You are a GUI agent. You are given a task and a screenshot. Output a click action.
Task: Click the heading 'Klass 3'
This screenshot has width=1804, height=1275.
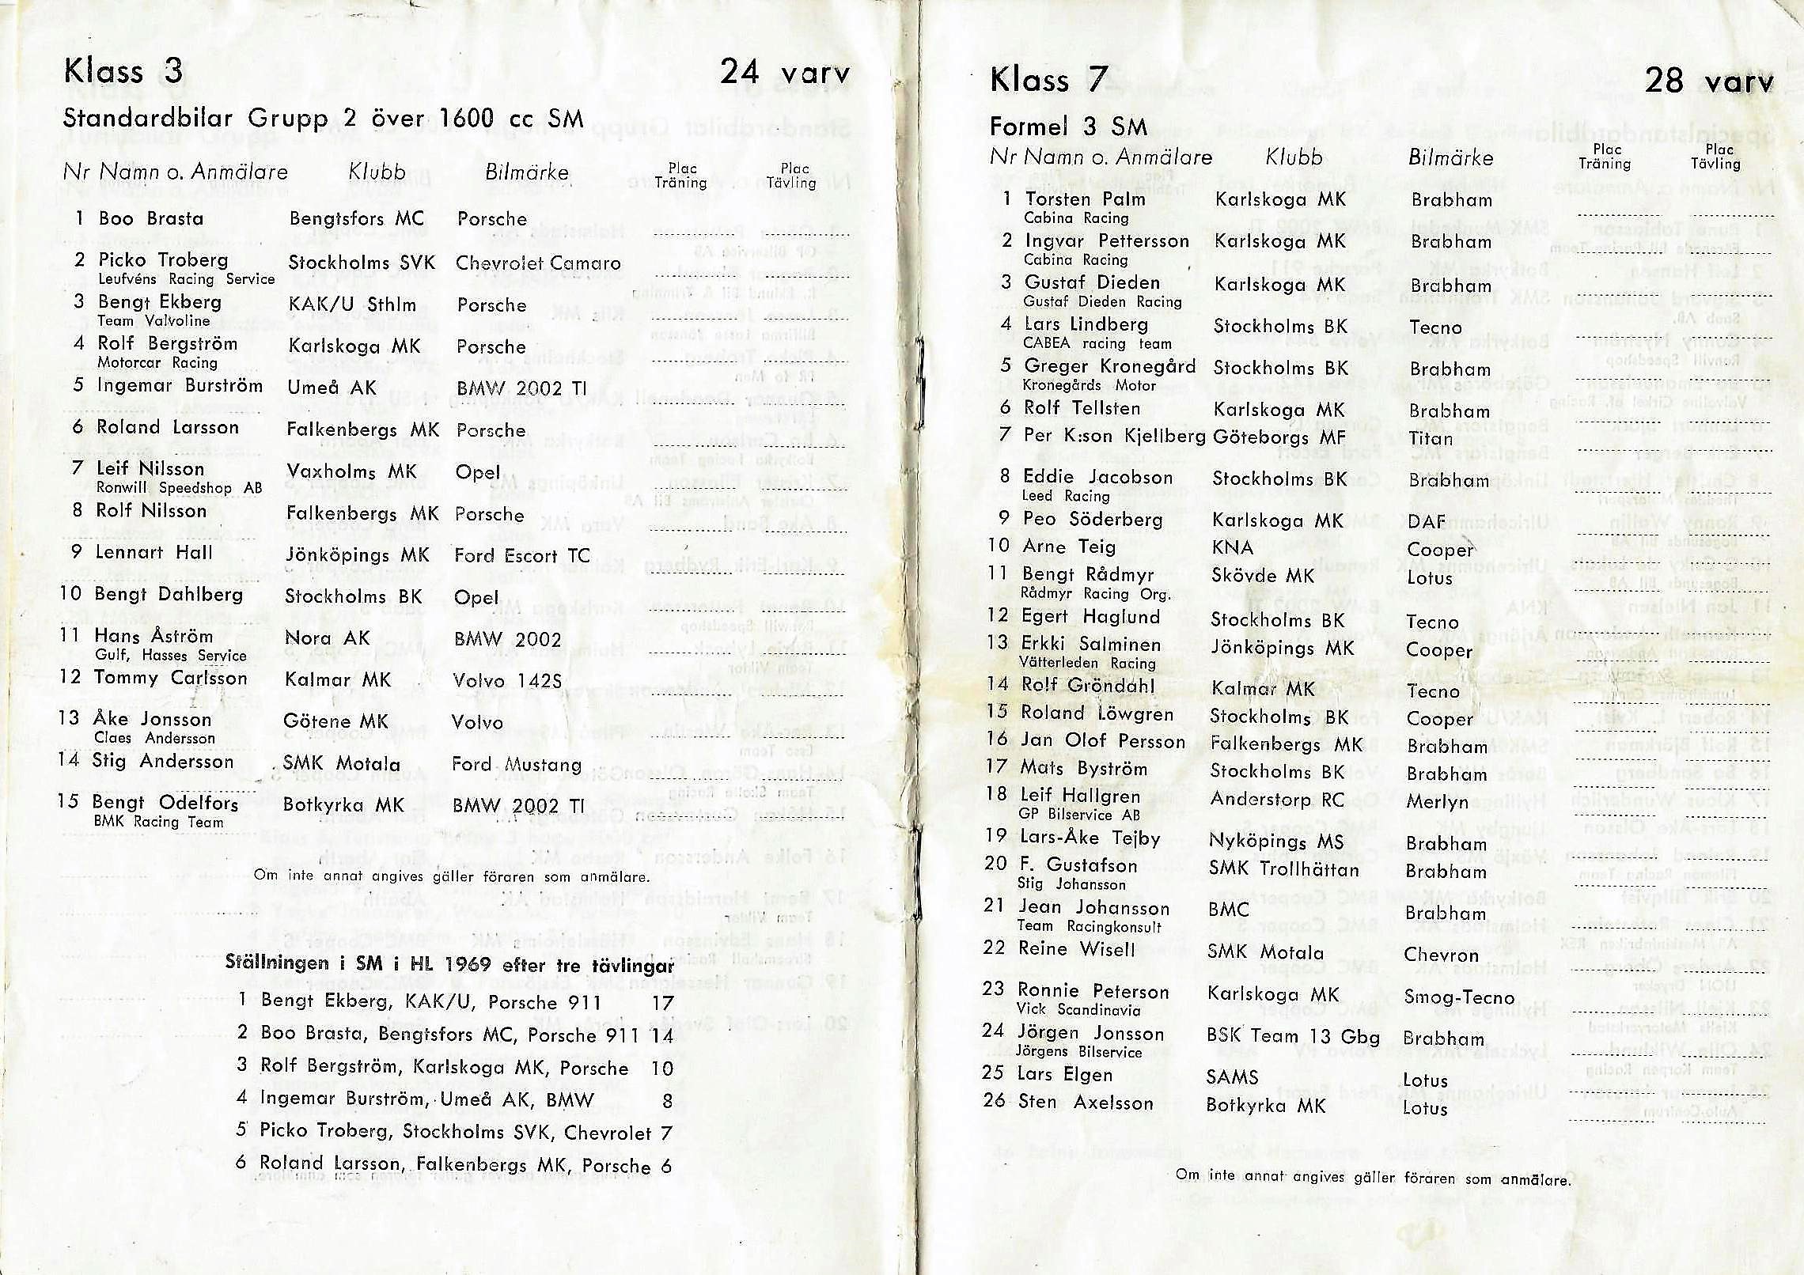click(123, 72)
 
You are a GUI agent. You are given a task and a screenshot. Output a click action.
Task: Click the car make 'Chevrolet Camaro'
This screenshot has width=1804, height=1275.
click(538, 263)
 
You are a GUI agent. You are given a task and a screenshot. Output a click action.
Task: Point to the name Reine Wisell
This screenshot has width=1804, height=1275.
click(1076, 949)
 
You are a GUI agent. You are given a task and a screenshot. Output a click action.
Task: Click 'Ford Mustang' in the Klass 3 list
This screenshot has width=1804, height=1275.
click(517, 765)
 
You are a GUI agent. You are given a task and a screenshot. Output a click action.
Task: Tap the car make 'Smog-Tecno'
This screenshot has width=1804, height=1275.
click(1458, 997)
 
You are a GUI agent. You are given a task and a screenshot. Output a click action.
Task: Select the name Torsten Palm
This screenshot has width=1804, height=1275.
click(1085, 199)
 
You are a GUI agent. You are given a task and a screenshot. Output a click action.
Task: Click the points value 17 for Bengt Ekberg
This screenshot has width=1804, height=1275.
click(662, 1003)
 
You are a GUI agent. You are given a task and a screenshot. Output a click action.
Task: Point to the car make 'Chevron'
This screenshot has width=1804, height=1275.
click(1440, 955)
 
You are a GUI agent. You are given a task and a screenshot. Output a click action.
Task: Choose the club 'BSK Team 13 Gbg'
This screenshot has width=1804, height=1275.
click(1293, 1037)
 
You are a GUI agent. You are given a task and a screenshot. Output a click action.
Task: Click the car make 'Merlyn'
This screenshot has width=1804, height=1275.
click(1437, 802)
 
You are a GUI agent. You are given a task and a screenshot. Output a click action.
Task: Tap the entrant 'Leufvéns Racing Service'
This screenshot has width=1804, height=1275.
click(187, 279)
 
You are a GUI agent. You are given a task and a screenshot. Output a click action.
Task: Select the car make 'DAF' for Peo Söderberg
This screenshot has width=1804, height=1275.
click(1426, 522)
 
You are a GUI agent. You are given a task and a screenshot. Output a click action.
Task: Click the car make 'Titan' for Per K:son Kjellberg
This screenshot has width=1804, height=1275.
click(1431, 438)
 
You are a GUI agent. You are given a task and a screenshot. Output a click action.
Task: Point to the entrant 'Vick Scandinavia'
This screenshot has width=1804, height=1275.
click(1078, 1010)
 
